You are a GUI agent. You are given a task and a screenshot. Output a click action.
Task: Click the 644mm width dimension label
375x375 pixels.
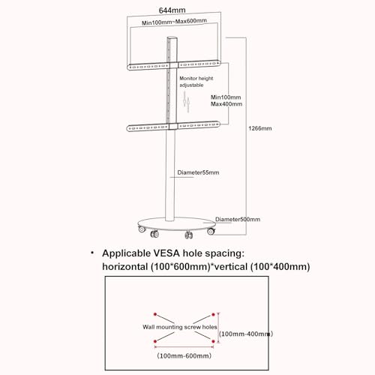pyautogui.click(x=172, y=10)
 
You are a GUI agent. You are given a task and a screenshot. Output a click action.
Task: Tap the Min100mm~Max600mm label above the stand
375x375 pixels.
pyautogui.click(x=174, y=22)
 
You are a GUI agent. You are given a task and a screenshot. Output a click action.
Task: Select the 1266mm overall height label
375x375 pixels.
pyautogui.click(x=260, y=128)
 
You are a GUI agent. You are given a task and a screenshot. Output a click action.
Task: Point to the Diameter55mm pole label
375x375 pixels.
pyautogui.click(x=198, y=172)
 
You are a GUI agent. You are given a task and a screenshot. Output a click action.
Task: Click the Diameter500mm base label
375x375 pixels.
pyautogui.click(x=238, y=219)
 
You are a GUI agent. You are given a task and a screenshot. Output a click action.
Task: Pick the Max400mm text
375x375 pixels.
pyautogui.click(x=226, y=104)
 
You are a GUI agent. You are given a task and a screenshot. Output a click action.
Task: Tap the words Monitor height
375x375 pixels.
pyautogui.click(x=196, y=78)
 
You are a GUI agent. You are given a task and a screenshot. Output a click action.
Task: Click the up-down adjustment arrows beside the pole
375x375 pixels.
pyautogui.click(x=186, y=102)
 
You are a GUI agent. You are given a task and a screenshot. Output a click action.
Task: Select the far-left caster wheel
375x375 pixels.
pyautogui.click(x=142, y=229)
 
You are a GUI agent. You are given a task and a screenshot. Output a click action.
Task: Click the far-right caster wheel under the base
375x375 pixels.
pyautogui.click(x=211, y=232)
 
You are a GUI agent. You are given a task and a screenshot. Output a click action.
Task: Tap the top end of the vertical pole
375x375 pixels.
pyautogui.click(x=172, y=37)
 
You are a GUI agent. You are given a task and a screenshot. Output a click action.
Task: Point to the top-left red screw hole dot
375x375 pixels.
pyautogui.click(x=155, y=314)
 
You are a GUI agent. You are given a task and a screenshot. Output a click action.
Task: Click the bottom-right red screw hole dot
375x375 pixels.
pyautogui.click(x=213, y=341)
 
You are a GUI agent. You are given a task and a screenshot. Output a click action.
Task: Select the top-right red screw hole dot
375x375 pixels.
pyautogui.click(x=213, y=314)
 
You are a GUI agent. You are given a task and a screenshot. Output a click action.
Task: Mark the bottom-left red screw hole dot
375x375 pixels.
pyautogui.click(x=155, y=341)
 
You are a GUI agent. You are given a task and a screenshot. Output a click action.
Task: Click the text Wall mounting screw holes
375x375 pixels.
pyautogui.click(x=180, y=327)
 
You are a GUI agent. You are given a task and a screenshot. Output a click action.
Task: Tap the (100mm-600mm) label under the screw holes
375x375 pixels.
pyautogui.click(x=184, y=355)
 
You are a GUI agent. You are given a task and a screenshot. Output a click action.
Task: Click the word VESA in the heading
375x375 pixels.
pyautogui.click(x=166, y=253)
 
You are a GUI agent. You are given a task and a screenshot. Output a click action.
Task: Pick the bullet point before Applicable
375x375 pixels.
pyautogui.click(x=92, y=253)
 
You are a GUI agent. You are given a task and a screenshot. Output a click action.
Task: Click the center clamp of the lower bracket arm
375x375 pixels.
pyautogui.click(x=172, y=126)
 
